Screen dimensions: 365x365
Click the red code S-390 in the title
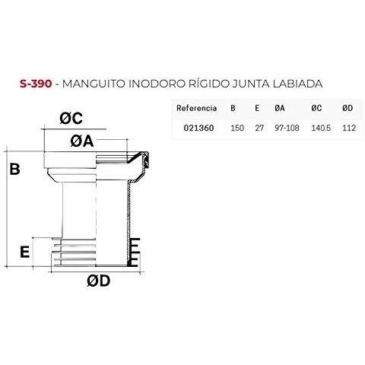(x=36, y=84)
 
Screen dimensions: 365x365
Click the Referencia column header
(x=197, y=108)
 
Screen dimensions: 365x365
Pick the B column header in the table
(x=233, y=108)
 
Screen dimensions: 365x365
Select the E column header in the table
(x=257, y=108)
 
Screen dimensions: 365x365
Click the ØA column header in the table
(x=280, y=108)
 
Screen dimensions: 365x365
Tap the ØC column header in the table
(x=316, y=108)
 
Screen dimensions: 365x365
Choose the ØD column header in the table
(x=348, y=108)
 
